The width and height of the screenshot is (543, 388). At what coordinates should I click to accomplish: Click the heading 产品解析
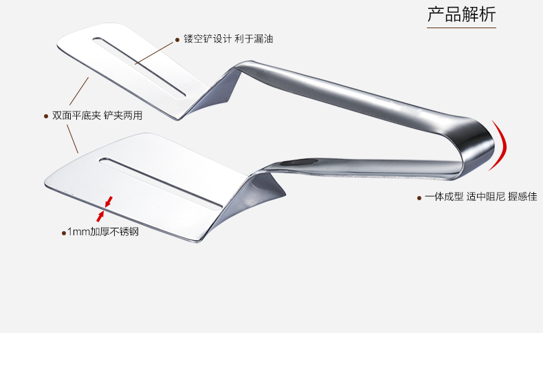pos(461,14)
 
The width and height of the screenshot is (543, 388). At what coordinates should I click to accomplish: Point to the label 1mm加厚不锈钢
pos(103,233)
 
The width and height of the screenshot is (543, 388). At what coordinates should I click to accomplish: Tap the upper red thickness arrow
pos(108,201)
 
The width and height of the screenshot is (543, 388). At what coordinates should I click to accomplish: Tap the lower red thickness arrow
pos(100,216)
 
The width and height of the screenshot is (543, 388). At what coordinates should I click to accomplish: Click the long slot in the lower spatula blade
pos(162,184)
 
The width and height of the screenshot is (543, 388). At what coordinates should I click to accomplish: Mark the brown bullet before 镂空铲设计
pos(177,40)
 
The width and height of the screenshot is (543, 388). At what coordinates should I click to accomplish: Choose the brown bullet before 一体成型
pos(419,198)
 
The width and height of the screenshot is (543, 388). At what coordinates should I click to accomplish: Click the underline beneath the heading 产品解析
pos(461,28)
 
